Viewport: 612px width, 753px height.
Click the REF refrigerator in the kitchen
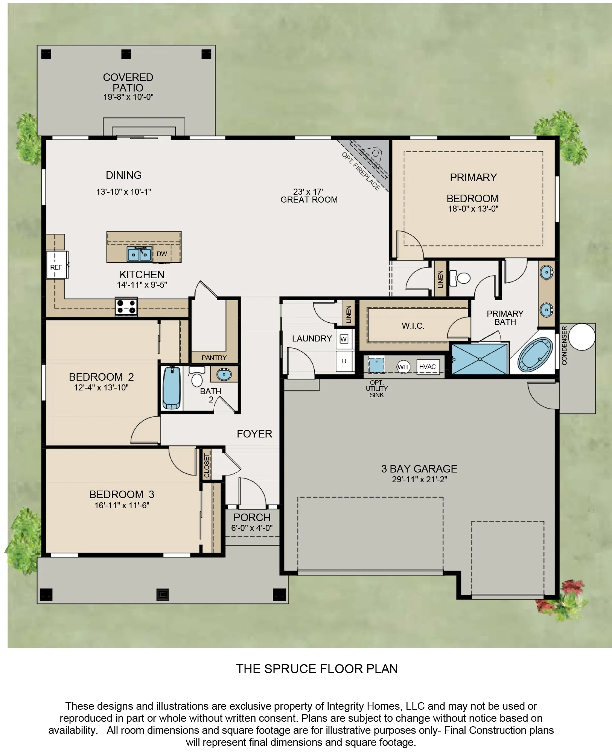tap(56, 265)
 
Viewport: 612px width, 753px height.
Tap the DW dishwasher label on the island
tap(162, 254)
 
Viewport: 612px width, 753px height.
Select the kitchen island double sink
tap(139, 254)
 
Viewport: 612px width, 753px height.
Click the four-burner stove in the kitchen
tap(126, 306)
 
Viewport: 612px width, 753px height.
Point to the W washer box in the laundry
tap(343, 339)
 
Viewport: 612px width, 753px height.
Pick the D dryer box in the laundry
tap(344, 361)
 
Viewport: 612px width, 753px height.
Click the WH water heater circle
tap(403, 367)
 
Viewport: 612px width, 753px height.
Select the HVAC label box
tap(428, 367)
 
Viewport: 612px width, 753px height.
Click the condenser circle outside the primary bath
tap(582, 337)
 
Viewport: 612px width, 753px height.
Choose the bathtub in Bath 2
tap(171, 388)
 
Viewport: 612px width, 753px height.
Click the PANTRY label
tap(214, 358)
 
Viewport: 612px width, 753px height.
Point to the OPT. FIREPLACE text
tap(361, 171)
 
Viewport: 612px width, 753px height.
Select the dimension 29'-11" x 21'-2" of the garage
tap(419, 479)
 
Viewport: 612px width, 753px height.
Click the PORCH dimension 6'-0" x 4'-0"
tap(252, 528)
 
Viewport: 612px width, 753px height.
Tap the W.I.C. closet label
tap(413, 326)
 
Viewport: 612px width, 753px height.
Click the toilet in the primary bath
tap(461, 278)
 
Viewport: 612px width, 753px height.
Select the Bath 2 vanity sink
tap(224, 374)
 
